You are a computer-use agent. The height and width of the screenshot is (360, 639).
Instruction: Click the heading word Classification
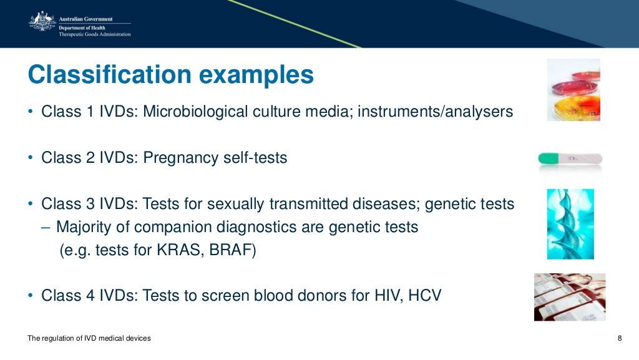click(x=108, y=75)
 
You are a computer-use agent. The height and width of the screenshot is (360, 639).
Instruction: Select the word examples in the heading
click(x=256, y=75)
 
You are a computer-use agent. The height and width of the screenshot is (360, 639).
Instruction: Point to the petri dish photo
click(x=573, y=90)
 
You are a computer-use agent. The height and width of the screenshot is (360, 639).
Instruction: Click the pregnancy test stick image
click(x=569, y=158)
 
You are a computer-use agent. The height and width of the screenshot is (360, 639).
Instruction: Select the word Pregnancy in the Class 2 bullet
click(x=181, y=158)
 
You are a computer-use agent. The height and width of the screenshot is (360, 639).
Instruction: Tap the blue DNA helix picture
click(x=570, y=224)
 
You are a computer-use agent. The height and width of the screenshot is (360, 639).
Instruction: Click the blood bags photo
click(x=569, y=297)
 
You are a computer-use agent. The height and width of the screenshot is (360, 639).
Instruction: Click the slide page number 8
click(x=619, y=338)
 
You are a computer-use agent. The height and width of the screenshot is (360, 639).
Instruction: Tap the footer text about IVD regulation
click(x=89, y=338)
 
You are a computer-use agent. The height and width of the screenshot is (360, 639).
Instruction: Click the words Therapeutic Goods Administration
click(x=95, y=34)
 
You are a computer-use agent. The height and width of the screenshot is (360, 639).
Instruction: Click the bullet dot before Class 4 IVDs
click(x=31, y=296)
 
